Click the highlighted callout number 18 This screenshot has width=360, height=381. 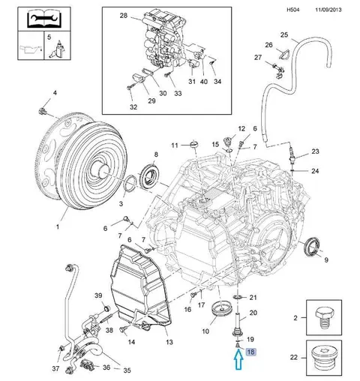click(x=250, y=352)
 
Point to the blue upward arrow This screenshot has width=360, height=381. click(x=238, y=359)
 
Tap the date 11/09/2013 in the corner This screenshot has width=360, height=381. click(x=328, y=10)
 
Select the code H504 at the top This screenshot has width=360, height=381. click(x=292, y=10)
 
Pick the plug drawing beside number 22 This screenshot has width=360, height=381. click(x=325, y=358)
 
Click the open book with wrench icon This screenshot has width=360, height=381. click(x=43, y=19)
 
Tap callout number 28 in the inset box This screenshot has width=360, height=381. click(x=124, y=16)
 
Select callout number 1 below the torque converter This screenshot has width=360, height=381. click(x=58, y=227)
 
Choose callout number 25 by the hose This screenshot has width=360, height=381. click(x=284, y=34)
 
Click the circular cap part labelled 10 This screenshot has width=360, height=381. click(x=221, y=309)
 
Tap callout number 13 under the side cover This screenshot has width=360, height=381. click(x=169, y=342)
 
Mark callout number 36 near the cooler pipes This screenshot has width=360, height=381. click(x=106, y=367)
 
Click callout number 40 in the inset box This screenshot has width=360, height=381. click(x=204, y=82)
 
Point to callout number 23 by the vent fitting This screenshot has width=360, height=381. click(x=315, y=151)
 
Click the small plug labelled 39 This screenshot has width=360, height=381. click(x=107, y=308)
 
